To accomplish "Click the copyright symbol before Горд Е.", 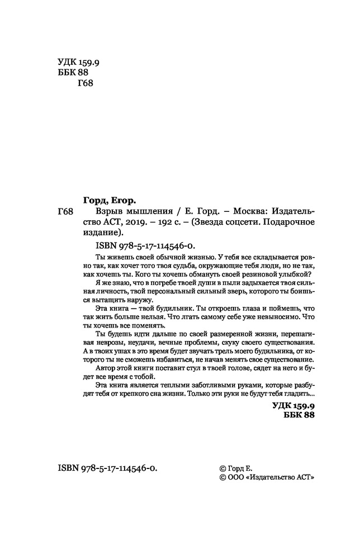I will click(x=224, y=468).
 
